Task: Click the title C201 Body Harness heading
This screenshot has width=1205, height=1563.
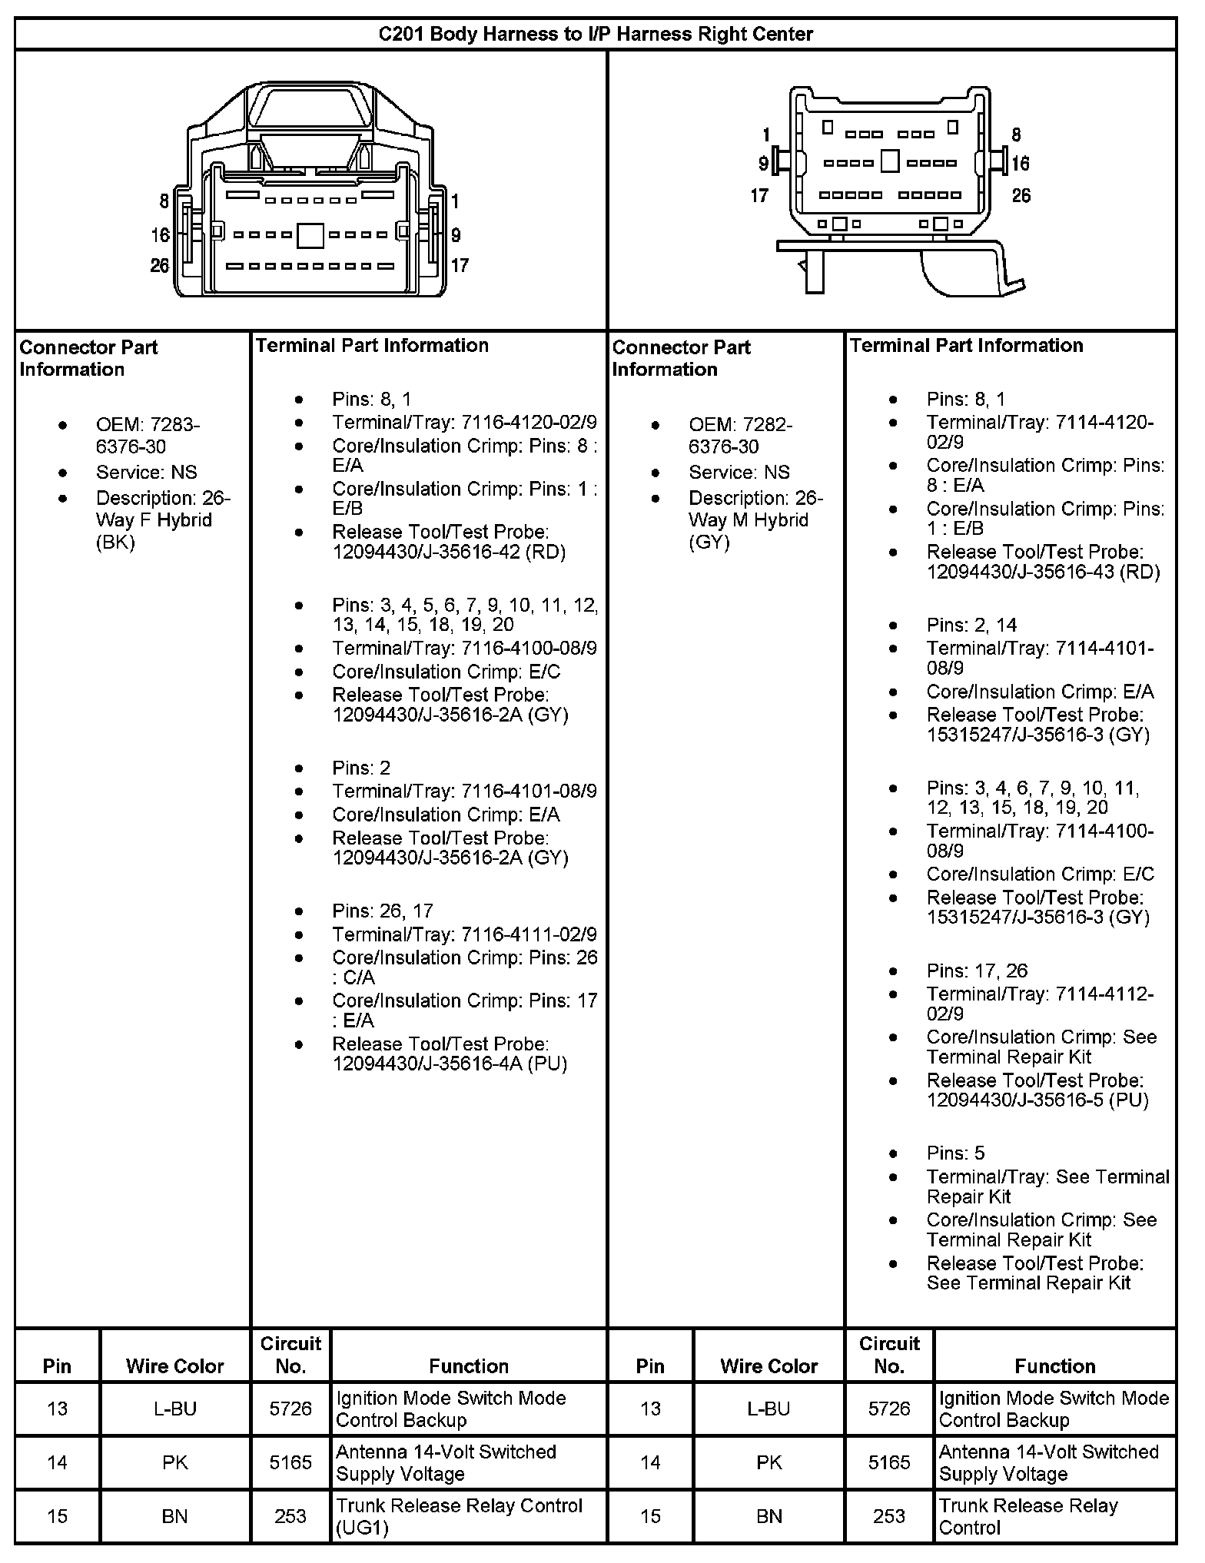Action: click(x=596, y=35)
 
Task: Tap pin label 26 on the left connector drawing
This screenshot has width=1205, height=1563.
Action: click(x=160, y=266)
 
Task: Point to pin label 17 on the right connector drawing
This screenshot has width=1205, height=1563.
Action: click(x=759, y=196)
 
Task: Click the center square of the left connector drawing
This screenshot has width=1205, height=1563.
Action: click(x=310, y=236)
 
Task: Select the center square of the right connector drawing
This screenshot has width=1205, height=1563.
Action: click(x=890, y=161)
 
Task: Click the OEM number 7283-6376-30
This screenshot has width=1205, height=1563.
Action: click(x=148, y=436)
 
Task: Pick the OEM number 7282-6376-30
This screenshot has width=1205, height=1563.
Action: click(x=741, y=436)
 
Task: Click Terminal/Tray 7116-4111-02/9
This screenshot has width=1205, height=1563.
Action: click(x=464, y=934)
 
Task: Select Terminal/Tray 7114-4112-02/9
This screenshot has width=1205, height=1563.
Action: click(x=1040, y=1004)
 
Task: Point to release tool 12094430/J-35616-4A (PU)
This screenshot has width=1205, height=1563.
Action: click(x=450, y=1054)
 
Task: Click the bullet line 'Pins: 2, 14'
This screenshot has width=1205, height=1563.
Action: click(x=972, y=626)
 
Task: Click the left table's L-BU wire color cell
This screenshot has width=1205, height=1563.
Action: click(x=175, y=1409)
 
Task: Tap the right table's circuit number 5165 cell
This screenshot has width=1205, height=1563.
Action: click(x=889, y=1462)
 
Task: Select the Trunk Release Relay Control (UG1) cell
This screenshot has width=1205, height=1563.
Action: click(x=459, y=1516)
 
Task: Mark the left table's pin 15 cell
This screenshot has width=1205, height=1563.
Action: click(x=58, y=1516)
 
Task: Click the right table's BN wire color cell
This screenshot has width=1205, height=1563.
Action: click(x=768, y=1516)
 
